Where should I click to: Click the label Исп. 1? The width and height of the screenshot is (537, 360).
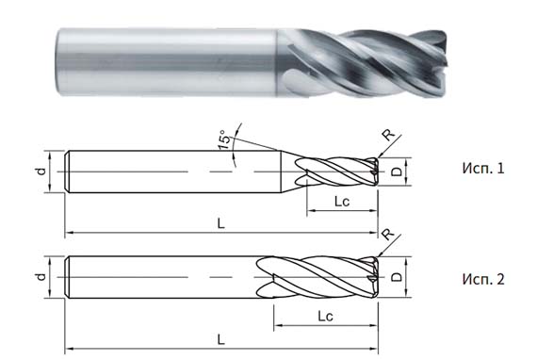pyautogui.click(x=483, y=170)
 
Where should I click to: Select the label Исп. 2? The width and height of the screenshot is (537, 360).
pyautogui.click(x=483, y=280)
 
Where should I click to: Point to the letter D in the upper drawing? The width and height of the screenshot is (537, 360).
pyautogui.click(x=397, y=172)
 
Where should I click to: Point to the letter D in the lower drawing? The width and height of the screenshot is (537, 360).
pyautogui.click(x=397, y=278)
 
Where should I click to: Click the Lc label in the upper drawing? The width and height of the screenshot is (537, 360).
pyautogui.click(x=343, y=202)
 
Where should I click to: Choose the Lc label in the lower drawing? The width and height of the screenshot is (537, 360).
pyautogui.click(x=326, y=314)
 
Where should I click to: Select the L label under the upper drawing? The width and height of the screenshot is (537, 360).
pyautogui.click(x=220, y=223)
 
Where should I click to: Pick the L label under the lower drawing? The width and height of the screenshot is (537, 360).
pyautogui.click(x=220, y=336)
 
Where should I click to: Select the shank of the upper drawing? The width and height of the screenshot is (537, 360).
pyautogui.click(x=170, y=172)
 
